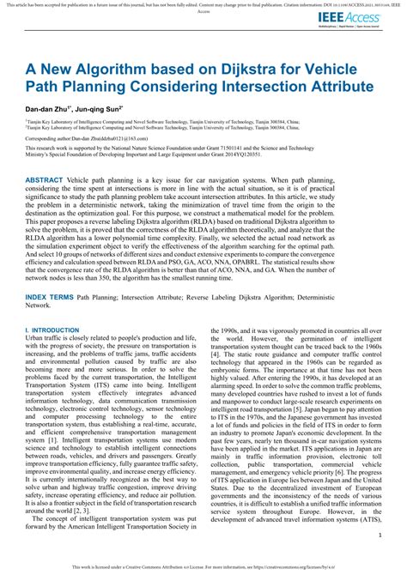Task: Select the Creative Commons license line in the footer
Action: pyautogui.click(x=203, y=567)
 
